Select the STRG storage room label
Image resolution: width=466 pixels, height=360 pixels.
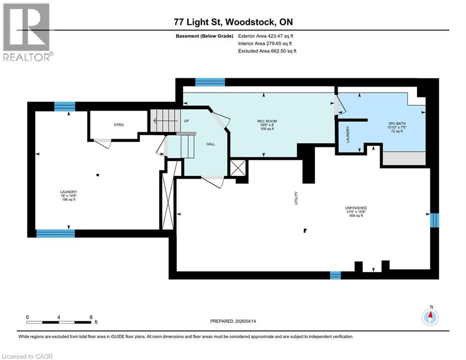pos(118,125)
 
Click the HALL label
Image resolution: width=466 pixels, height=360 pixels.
pos(211,144)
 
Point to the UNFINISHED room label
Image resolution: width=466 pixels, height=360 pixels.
pos(356,208)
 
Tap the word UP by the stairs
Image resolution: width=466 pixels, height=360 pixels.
pos(186,121)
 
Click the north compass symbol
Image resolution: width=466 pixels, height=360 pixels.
pos(430,317)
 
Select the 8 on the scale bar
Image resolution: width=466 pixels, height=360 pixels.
pos(90,317)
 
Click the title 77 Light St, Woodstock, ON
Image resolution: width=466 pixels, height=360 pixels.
pos(233,22)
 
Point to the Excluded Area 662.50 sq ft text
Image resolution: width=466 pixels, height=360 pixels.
pos(267,51)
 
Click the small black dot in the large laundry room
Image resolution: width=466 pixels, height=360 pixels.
pos(97,175)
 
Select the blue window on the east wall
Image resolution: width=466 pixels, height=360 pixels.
pos(435,219)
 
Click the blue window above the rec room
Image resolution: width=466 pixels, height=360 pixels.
pos(210,82)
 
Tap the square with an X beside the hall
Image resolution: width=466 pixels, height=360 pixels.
pos(238,168)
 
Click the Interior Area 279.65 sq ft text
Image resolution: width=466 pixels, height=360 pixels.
pos(265,44)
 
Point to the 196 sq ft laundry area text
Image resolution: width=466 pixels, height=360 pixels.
pos(68,200)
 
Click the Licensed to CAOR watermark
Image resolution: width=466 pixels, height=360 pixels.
pos(28,356)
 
